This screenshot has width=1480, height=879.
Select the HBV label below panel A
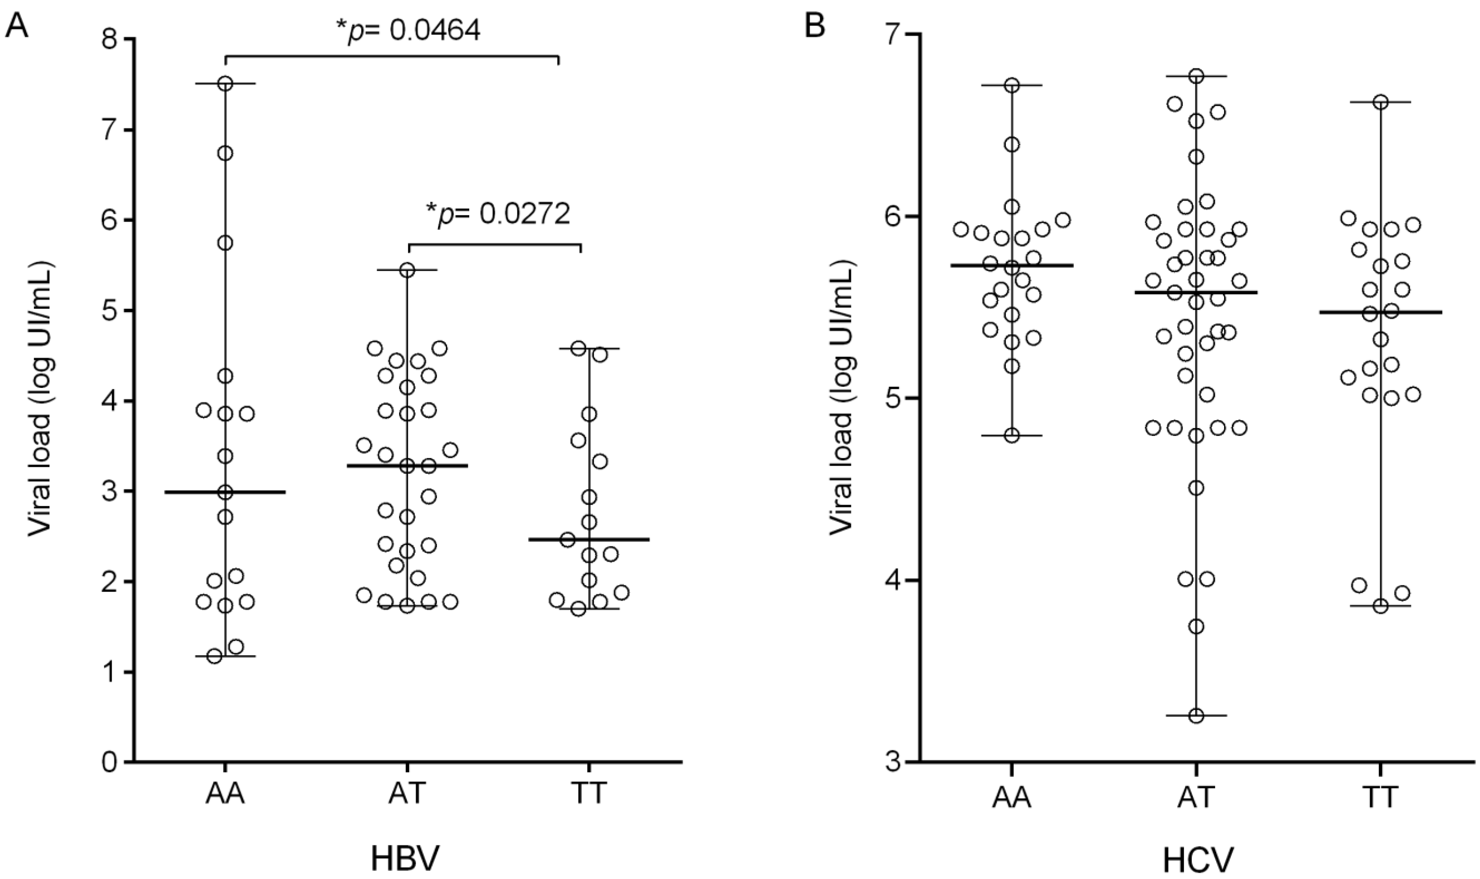pyautogui.click(x=406, y=858)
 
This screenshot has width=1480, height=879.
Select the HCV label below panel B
pyautogui.click(x=1196, y=858)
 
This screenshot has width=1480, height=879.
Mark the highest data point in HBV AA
pyautogui.click(x=225, y=83)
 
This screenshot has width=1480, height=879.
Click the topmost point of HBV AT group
pyautogui.click(x=407, y=270)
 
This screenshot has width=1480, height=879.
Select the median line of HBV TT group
pyautogui.click(x=589, y=540)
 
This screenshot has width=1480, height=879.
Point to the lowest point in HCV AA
pyautogui.click(x=1012, y=436)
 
